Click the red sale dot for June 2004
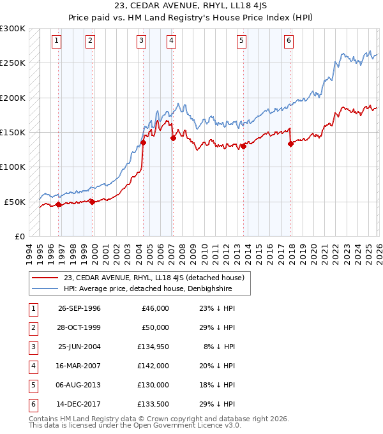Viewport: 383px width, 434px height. click(x=143, y=143)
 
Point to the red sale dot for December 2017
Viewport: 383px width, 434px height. click(x=291, y=144)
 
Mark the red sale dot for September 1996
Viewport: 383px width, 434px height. click(x=59, y=204)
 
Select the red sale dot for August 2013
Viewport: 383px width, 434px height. click(x=243, y=146)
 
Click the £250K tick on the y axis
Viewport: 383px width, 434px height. click(x=13, y=63)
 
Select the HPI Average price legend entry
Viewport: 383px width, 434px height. click(x=147, y=289)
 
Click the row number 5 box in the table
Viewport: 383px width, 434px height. click(x=31, y=385)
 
